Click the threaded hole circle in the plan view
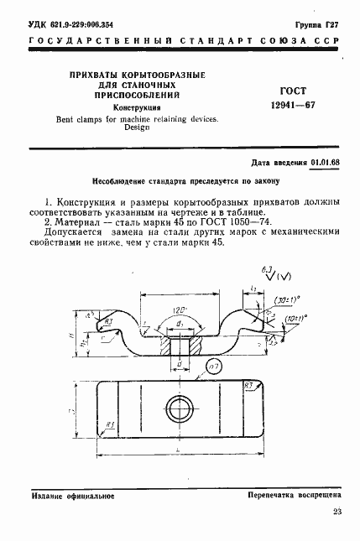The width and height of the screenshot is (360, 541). pos(179,409)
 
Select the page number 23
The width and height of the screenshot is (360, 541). pos(337,512)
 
